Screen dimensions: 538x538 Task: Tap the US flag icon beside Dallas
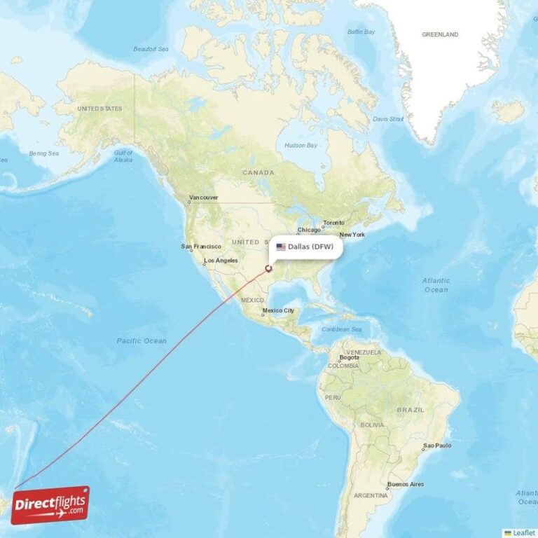click(x=281, y=247)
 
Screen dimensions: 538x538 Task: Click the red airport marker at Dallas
click(x=268, y=268)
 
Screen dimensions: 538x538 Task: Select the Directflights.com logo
click(x=50, y=505)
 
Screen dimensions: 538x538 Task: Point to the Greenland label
click(x=440, y=34)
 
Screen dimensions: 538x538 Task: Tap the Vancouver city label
click(x=203, y=198)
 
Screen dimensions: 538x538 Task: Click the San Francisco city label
click(x=201, y=247)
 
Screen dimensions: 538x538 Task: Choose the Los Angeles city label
click(x=220, y=261)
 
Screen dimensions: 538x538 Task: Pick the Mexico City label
click(x=278, y=310)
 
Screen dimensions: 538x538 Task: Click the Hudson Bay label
click(x=301, y=146)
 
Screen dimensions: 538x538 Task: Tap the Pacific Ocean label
click(x=142, y=340)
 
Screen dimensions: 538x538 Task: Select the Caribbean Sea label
click(x=341, y=329)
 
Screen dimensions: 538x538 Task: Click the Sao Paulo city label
click(x=437, y=446)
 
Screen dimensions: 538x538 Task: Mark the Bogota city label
click(x=349, y=358)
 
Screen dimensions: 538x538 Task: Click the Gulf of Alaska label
click(x=123, y=156)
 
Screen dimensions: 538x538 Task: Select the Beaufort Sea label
click(x=151, y=49)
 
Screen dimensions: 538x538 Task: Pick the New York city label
click(x=352, y=235)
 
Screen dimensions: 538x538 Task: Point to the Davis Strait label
click(x=388, y=119)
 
